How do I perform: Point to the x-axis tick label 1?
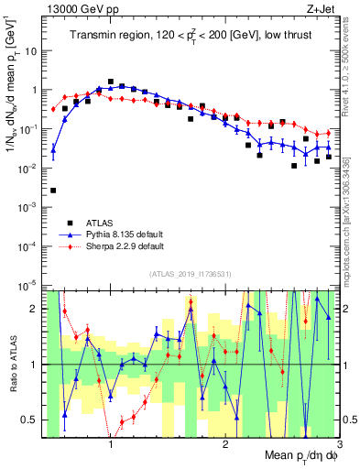[111, 442]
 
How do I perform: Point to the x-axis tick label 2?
[225, 442]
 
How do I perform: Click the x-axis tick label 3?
[338, 442]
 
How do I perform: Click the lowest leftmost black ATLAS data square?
[53, 191]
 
